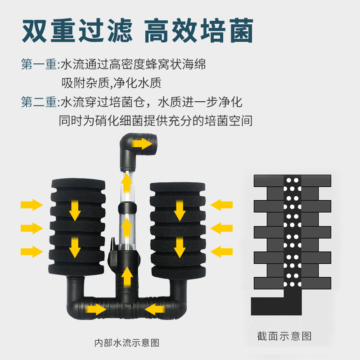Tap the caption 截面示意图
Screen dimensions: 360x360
[284, 336]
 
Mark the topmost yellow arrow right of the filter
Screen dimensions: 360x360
[222, 205]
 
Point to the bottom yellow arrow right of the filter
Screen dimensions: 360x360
[222, 251]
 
